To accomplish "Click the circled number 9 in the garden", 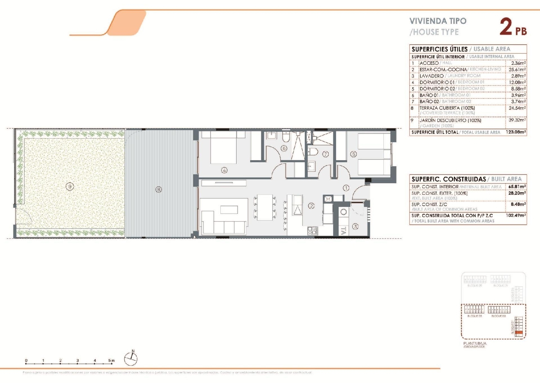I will point(70,186).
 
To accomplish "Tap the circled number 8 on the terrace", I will point(158,189).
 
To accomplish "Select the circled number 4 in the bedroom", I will point(224,170).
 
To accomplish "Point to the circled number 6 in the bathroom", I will point(284,148).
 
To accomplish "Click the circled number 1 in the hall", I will point(346,188).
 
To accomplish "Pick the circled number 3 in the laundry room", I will point(355,226).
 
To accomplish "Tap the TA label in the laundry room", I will point(343,231).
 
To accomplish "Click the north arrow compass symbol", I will point(131,358).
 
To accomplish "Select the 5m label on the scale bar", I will point(112,360).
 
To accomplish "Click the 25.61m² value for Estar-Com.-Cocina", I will point(517,69).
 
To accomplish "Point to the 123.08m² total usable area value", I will point(516,132).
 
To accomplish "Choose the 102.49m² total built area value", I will point(516,216).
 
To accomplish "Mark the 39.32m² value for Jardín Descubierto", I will point(517,120).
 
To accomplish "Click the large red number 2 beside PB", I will point(506,27).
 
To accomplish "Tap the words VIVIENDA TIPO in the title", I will point(438,21).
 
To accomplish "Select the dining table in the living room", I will point(265,207).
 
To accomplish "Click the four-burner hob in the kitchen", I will point(312,231).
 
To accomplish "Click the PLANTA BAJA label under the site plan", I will point(474,343).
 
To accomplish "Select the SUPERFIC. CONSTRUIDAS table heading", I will point(449,179).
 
